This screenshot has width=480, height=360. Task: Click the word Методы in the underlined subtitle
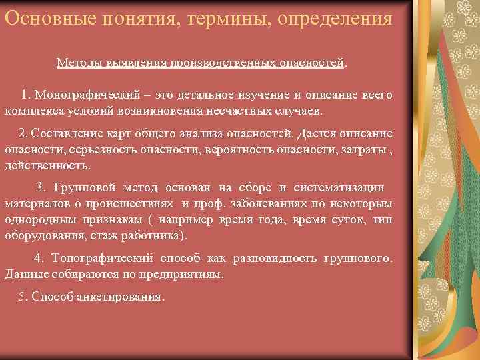[x=78, y=62]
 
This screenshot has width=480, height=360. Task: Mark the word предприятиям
[x=182, y=273]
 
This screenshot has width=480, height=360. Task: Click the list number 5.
[x=20, y=296]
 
